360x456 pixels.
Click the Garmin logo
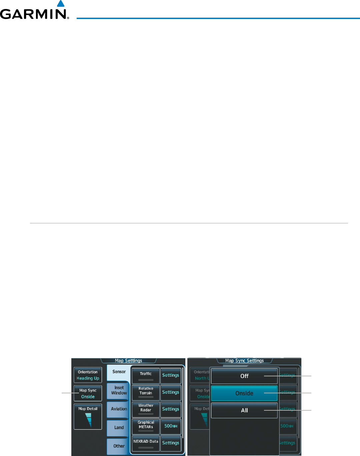click(x=34, y=11)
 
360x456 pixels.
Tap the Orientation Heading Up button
click(x=88, y=375)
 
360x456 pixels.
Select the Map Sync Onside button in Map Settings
click(x=88, y=393)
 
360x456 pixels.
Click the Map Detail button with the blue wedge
click(x=88, y=417)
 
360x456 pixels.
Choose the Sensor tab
click(x=119, y=372)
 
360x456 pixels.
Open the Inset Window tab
click(x=119, y=390)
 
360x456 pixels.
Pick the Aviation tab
click(x=119, y=409)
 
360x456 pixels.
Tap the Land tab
click(x=119, y=428)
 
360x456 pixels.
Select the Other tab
click(x=119, y=446)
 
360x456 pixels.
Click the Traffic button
click(x=146, y=375)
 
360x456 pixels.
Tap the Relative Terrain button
click(x=146, y=392)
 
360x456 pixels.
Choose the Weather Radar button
click(x=146, y=409)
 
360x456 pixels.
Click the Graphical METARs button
click(x=146, y=426)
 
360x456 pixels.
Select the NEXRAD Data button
click(x=146, y=443)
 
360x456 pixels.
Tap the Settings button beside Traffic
click(x=171, y=375)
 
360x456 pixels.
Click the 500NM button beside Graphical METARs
click(x=171, y=426)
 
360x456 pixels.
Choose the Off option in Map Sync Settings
click(x=244, y=376)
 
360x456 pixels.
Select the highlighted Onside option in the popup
click(x=244, y=393)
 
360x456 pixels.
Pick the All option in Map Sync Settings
click(x=244, y=410)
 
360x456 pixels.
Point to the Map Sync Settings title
click(x=244, y=361)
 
